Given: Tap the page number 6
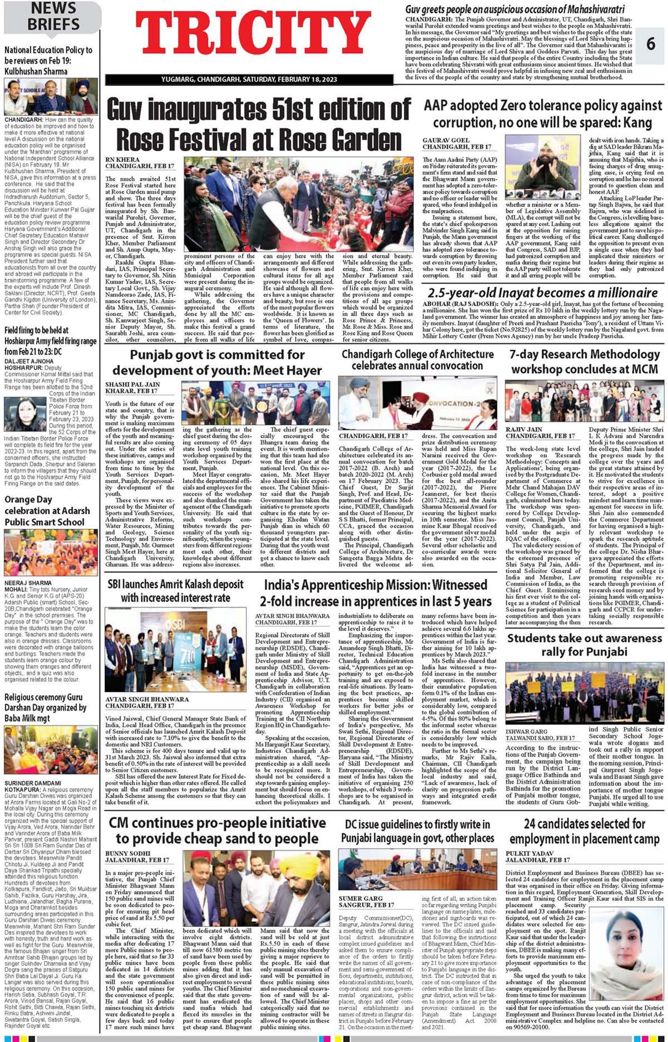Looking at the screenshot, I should (650, 43).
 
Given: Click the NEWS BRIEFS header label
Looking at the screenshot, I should (53, 16).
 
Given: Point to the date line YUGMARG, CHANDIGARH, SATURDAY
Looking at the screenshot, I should (250, 80).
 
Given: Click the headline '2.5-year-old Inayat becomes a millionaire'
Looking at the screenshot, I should (542, 292).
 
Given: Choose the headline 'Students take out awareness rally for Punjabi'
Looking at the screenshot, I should (584, 645).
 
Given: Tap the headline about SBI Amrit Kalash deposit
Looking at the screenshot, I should (175, 591).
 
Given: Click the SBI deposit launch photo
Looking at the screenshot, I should (175, 649).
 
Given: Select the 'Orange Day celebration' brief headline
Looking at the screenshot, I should (47, 510).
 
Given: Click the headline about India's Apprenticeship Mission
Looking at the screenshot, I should (375, 593).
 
